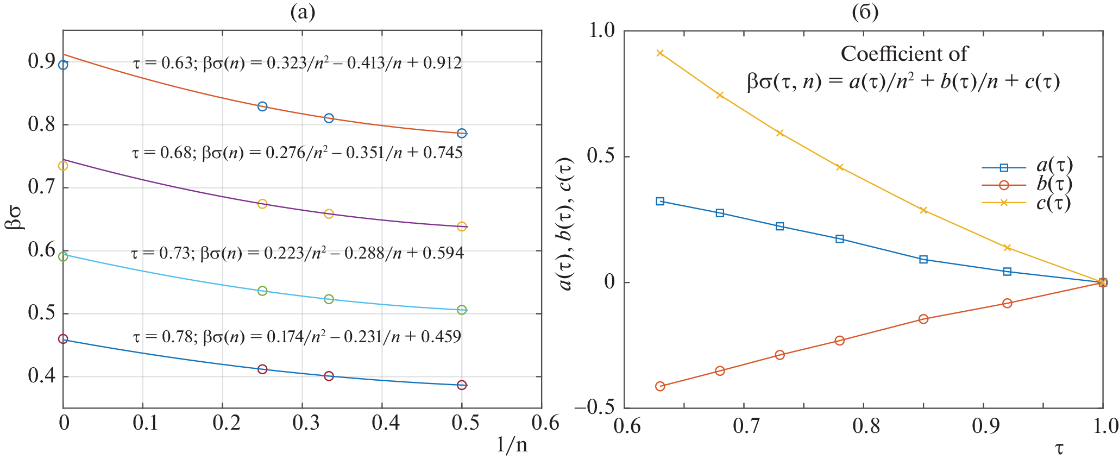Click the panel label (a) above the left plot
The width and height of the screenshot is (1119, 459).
[303, 12]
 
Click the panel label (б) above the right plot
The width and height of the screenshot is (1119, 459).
[865, 12]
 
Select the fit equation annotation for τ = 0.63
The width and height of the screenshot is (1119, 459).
[297, 64]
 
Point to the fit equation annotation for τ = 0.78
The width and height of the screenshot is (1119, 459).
[297, 337]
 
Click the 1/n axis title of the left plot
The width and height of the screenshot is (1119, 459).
[511, 445]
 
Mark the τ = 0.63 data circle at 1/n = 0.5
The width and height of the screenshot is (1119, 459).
[462, 133]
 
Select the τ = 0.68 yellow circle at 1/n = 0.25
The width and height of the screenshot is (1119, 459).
[262, 204]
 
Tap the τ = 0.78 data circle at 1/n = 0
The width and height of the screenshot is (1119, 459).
[63, 339]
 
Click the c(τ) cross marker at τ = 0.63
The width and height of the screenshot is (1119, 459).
[660, 53]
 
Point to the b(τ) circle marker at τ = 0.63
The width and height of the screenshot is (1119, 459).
[660, 386]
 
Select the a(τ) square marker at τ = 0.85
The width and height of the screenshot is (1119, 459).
[923, 259]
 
